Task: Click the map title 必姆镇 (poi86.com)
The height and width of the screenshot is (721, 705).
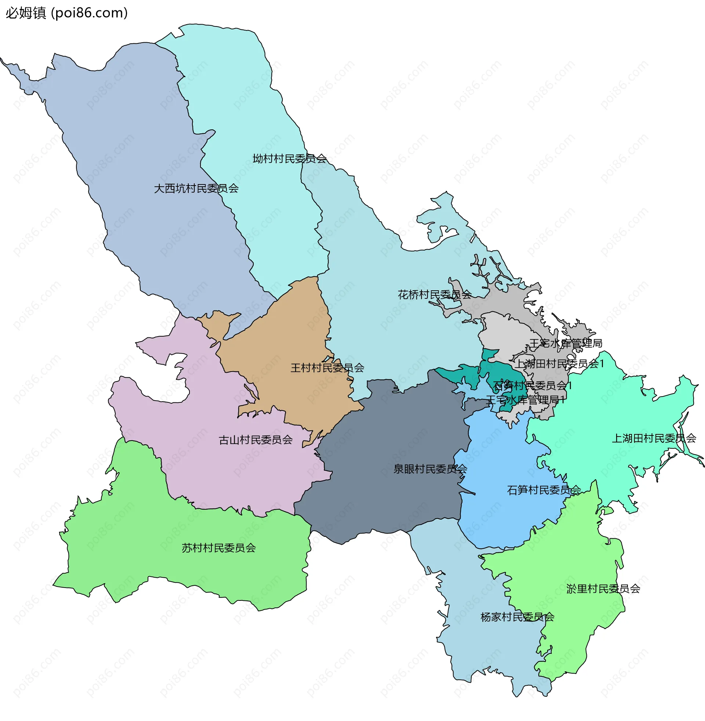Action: (67, 13)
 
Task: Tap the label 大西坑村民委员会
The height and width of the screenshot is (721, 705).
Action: (196, 189)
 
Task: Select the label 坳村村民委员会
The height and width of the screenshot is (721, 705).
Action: (290, 159)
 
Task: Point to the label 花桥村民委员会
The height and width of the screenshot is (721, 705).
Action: (434, 295)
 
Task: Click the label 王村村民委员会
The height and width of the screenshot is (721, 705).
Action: (327, 368)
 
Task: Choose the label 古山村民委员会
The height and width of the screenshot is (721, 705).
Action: (256, 440)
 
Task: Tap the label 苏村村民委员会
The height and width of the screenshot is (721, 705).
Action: (218, 548)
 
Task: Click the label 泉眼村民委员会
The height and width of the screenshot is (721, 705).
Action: (430, 469)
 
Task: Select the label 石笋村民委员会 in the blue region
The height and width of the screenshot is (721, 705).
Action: (544, 490)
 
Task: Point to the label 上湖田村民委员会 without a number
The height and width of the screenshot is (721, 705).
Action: (654, 438)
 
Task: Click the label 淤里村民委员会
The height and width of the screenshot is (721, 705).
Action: (603, 589)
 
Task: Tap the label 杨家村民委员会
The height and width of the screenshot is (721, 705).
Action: (517, 617)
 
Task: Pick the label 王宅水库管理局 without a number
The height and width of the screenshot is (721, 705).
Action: (565, 344)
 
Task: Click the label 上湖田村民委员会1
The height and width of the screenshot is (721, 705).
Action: (560, 364)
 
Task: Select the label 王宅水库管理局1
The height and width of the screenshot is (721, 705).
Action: (525, 400)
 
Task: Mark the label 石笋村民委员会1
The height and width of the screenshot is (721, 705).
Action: (532, 386)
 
